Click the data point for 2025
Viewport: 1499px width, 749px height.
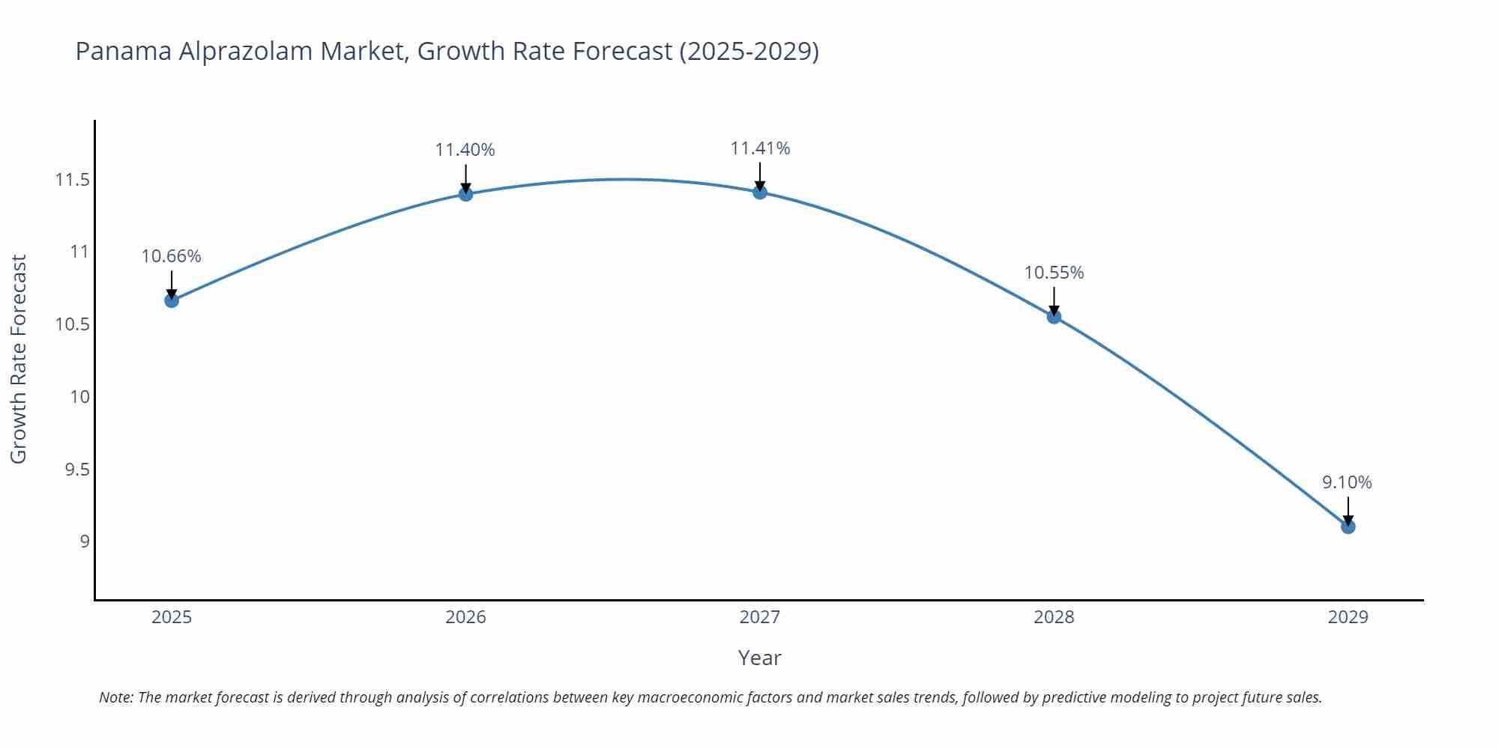coord(172,300)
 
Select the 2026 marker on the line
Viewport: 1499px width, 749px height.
coord(465,194)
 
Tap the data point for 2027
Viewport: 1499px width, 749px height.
coord(760,192)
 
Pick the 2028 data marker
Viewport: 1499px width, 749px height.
coord(1054,316)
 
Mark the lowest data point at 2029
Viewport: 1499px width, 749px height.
coord(1348,527)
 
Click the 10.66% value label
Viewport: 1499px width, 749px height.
coord(171,256)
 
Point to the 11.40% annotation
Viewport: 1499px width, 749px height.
coord(465,150)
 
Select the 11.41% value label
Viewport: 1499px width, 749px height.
coord(760,148)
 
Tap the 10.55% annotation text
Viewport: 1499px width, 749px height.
coord(1054,273)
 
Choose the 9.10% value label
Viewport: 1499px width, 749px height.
coord(1347,482)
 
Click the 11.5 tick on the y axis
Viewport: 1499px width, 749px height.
coord(72,180)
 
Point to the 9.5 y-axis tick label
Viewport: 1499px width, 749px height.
coord(76,470)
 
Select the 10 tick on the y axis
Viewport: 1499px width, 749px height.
coord(79,397)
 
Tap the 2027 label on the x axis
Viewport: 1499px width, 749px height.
coord(759,617)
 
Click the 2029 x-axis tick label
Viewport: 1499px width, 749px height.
coord(1348,617)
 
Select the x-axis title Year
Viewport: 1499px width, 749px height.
coord(759,658)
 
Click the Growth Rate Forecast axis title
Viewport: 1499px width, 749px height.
coord(19,359)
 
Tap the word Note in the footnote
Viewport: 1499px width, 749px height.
coord(115,697)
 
